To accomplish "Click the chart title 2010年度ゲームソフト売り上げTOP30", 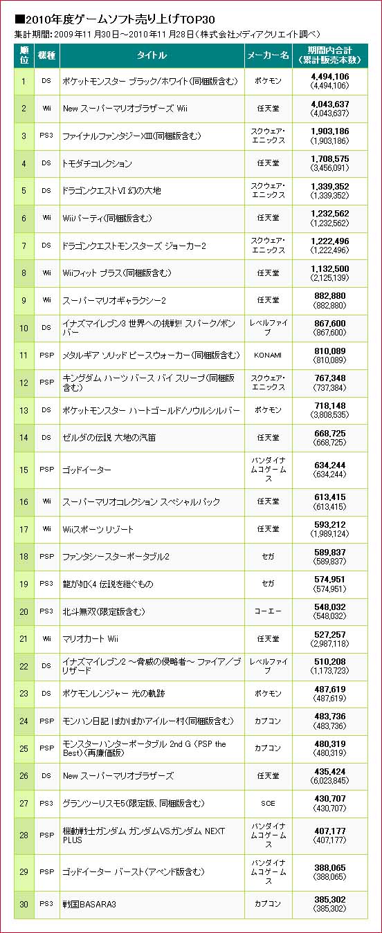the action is pyautogui.click(x=115, y=19).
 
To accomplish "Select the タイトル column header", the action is pyautogui.click(x=152, y=55).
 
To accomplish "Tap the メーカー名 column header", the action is pyautogui.click(x=269, y=55).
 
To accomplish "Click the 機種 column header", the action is pyautogui.click(x=46, y=55).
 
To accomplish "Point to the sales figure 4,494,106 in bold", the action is pyautogui.click(x=330, y=77).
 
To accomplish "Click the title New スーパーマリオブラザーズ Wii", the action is pyautogui.click(x=125, y=109).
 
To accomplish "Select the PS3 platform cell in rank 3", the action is pyautogui.click(x=46, y=136).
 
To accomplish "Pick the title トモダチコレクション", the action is pyautogui.click(x=97, y=163).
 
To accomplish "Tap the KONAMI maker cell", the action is pyautogui.click(x=268, y=355).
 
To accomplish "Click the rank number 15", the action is pyautogui.click(x=24, y=470).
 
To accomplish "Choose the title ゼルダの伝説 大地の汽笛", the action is pyautogui.click(x=109, y=438).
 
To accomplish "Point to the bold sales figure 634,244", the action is pyautogui.click(x=330, y=465).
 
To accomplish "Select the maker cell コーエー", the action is pyautogui.click(x=268, y=611).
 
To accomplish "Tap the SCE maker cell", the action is pyautogui.click(x=268, y=803).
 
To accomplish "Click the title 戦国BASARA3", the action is pyautogui.click(x=89, y=904).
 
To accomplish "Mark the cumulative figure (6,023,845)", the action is pyautogui.click(x=330, y=781).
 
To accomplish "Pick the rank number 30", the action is pyautogui.click(x=24, y=904).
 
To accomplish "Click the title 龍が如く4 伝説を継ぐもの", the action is pyautogui.click(x=108, y=584).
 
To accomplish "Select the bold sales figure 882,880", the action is pyautogui.click(x=330, y=296).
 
